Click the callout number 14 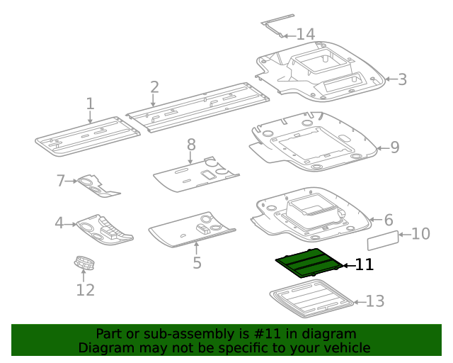(x=305, y=34)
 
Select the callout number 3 (x=402, y=79)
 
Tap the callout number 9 (x=394, y=147)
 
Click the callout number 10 (x=420, y=233)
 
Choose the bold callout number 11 (x=364, y=265)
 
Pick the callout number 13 (x=375, y=301)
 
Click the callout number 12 (x=85, y=289)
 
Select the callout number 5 (x=197, y=263)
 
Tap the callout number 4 (x=60, y=224)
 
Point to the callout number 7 (x=61, y=181)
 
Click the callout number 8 (x=191, y=145)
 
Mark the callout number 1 (x=90, y=104)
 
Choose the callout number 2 (x=154, y=87)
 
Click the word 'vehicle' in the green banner (x=345, y=348)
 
